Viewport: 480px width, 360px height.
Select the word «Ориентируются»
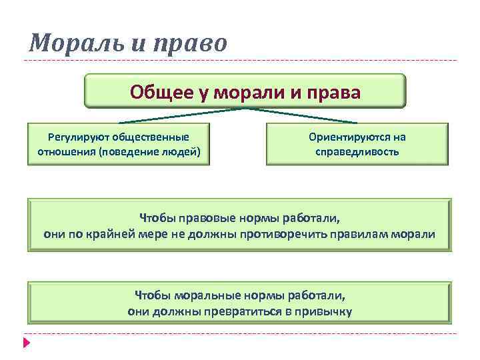coord(344,137)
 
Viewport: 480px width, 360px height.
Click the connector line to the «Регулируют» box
coord(180,115)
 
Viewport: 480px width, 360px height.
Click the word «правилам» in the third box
coord(373,234)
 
